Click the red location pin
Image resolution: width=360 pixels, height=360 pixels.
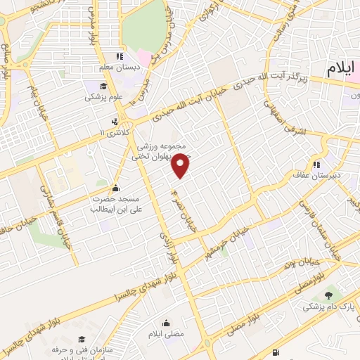[181, 165]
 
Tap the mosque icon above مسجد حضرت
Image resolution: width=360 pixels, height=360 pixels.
[116, 188]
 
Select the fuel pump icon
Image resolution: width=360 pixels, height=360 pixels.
[275, 352]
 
